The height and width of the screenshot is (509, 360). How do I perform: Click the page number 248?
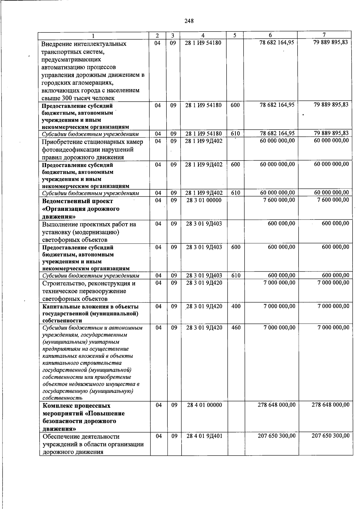189,21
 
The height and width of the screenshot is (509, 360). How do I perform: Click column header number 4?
203,35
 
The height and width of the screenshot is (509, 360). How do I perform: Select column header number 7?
324,35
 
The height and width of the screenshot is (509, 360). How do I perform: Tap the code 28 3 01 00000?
204,200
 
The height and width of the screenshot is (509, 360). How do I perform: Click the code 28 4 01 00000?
204,405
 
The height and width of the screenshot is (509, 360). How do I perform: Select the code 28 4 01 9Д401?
204,436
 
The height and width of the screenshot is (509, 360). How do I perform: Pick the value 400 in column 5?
236,306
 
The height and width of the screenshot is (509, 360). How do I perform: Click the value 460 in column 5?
236,328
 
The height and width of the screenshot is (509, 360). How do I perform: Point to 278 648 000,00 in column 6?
276,405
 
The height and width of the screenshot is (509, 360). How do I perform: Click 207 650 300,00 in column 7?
330,436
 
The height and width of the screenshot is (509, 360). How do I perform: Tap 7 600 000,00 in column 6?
279,200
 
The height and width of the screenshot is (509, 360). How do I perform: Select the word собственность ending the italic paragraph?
62,398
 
